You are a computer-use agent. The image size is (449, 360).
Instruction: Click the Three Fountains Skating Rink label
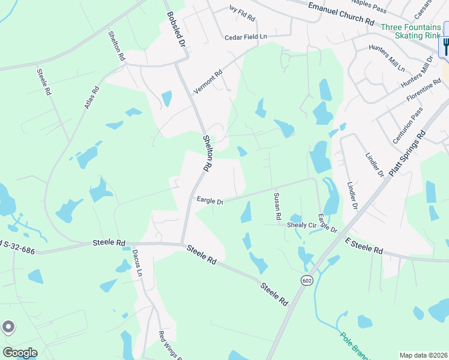410,31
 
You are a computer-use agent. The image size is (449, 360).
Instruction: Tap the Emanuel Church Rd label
340,13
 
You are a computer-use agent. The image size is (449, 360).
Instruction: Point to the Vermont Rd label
208,82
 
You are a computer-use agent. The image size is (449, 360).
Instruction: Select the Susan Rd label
277,206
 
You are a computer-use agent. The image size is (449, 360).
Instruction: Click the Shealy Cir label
301,225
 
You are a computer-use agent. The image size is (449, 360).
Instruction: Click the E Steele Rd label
364,244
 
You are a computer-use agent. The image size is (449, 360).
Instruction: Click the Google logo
19,353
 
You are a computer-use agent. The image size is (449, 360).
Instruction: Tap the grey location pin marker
8,327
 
